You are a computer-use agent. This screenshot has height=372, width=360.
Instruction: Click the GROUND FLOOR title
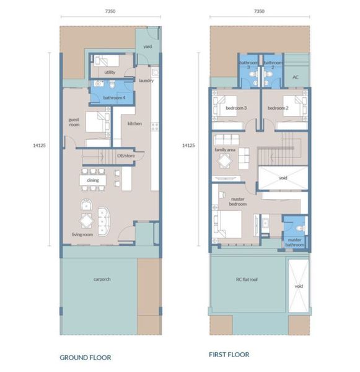pos(85,358)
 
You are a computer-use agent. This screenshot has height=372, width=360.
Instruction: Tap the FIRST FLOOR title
pos(229,355)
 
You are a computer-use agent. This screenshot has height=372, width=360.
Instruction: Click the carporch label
pos(102,279)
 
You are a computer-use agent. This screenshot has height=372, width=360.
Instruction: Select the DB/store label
pos(126,156)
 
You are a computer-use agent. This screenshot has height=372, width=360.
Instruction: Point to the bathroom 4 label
pos(114,97)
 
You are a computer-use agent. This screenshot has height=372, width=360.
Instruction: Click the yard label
pos(147,46)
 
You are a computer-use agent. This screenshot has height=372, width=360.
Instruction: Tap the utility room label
pos(110,72)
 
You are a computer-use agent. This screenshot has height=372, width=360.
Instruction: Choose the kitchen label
pos(134,123)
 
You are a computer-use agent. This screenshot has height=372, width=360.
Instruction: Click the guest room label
pos(74,122)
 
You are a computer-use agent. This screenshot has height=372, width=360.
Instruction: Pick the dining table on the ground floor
pos(93,180)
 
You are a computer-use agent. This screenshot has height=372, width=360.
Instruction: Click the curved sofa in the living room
pos(104,221)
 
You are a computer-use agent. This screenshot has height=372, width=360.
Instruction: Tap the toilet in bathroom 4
pos(112,84)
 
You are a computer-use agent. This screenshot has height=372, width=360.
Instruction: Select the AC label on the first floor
pos(296,77)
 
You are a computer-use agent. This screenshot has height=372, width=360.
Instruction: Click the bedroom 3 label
pos(236,108)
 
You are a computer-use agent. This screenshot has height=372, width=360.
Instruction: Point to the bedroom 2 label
pos(278,108)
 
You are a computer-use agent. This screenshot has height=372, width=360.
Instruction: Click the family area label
pos(225,149)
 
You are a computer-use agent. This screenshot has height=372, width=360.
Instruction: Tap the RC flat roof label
pos(247,280)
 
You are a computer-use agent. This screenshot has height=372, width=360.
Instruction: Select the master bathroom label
pos(294,242)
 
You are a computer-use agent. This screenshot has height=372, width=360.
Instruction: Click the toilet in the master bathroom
pos(301,228)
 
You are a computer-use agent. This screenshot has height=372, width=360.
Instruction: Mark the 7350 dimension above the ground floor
pos(110,11)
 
